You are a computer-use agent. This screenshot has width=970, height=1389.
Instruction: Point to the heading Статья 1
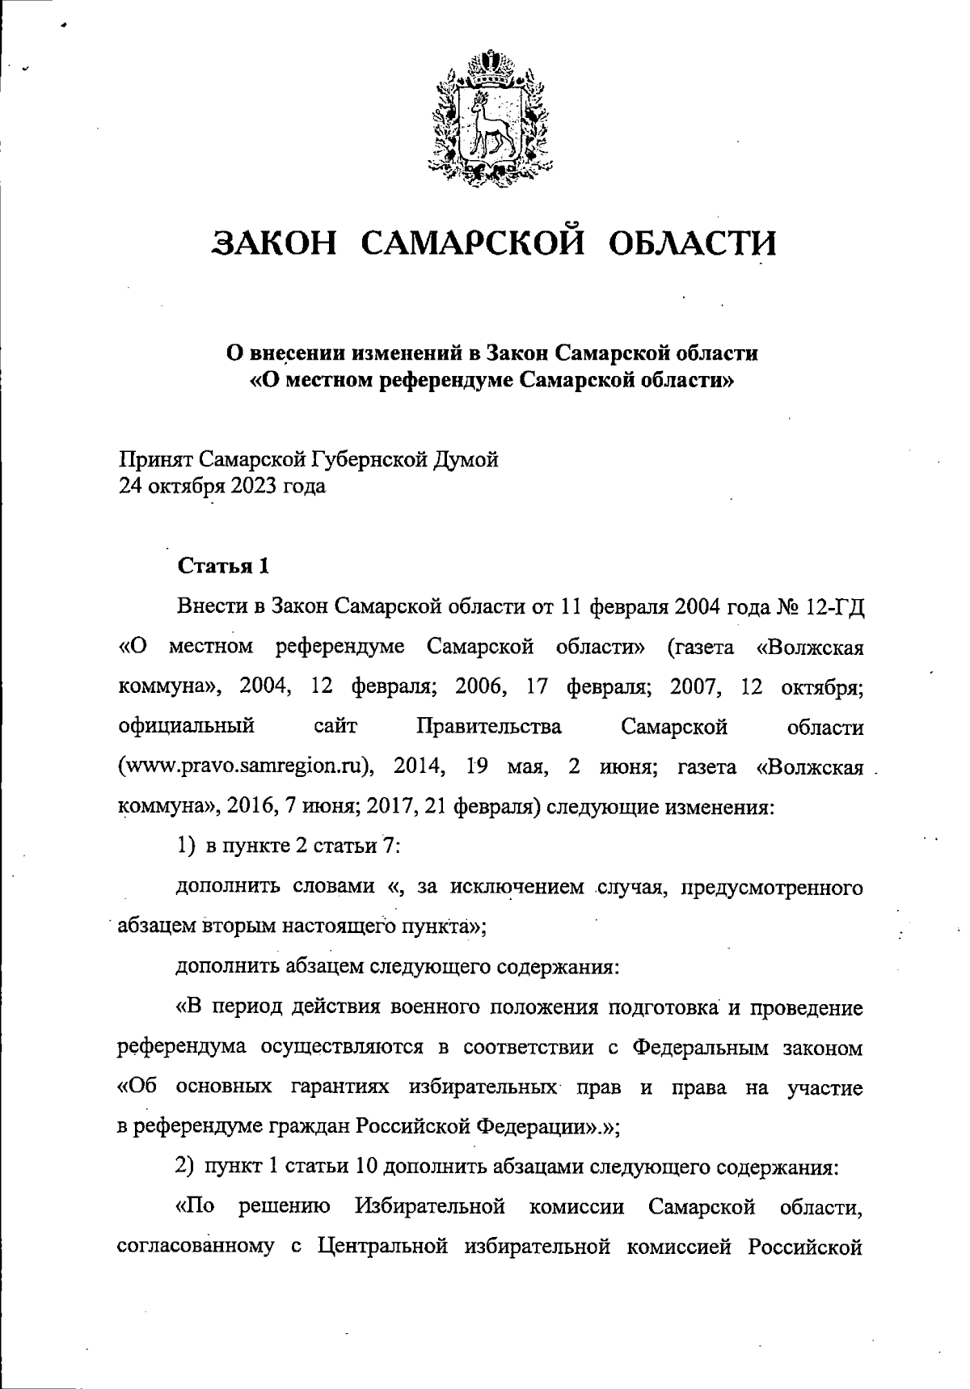[223, 565]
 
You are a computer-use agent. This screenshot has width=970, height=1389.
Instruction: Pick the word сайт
[335, 726]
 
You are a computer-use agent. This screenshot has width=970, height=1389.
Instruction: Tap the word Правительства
[489, 726]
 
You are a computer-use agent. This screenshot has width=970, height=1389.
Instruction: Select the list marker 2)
[186, 1167]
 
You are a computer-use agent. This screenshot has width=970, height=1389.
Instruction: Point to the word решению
[285, 1208]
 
